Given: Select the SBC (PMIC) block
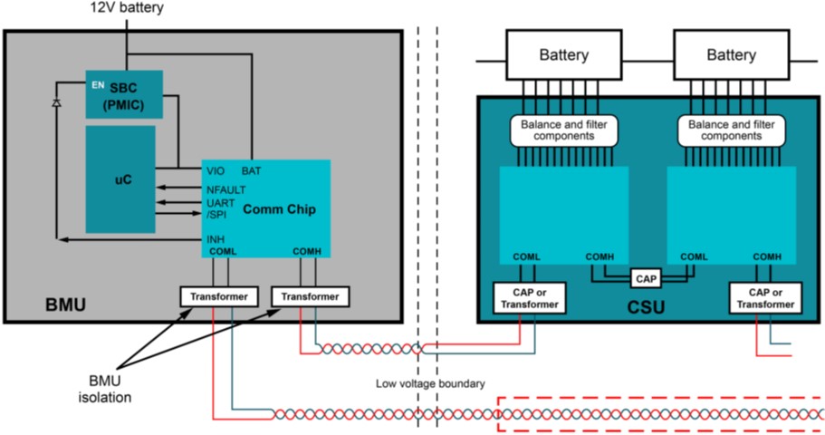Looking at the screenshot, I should (x=126, y=93).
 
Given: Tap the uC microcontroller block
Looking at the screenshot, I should (x=120, y=179).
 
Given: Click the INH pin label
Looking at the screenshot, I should (x=216, y=238).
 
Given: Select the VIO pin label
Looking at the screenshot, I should (x=216, y=170).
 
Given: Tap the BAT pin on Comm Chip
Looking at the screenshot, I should (x=253, y=170).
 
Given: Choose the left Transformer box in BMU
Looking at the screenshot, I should (x=220, y=295).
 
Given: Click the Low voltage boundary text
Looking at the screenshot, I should (x=430, y=383).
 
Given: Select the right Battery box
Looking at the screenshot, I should (x=731, y=55).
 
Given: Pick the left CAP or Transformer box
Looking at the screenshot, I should (x=529, y=297).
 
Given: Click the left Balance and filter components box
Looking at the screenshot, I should (x=565, y=130).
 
